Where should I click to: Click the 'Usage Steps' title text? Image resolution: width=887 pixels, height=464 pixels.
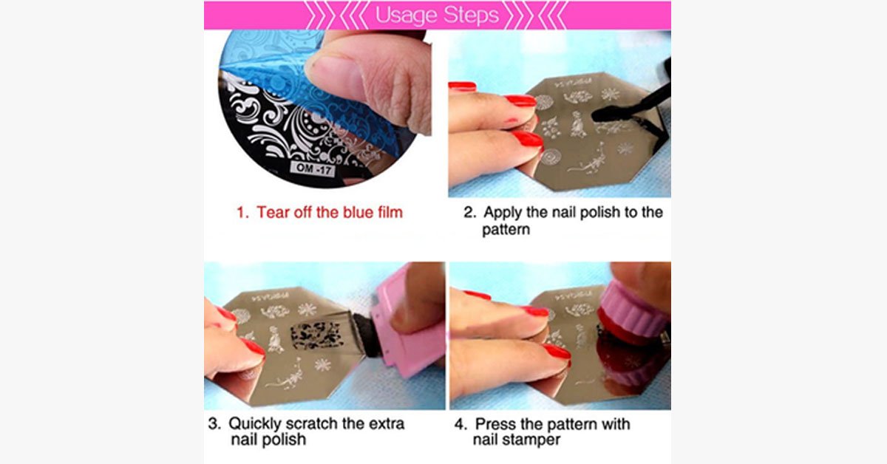437,15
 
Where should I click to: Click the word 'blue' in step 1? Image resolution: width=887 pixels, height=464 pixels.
347,213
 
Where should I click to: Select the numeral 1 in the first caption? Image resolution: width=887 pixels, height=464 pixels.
241,213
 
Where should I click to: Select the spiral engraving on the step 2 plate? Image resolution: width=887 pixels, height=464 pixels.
550,157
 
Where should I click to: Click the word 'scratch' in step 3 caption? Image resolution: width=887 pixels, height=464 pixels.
309,425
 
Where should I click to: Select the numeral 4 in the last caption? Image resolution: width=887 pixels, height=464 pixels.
460,425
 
